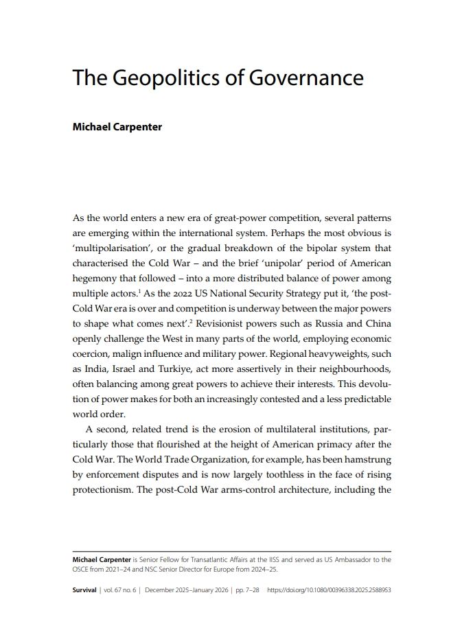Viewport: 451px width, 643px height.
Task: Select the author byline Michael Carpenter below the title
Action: click(x=117, y=127)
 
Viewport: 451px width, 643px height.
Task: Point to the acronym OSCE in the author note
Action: click(x=82, y=569)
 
